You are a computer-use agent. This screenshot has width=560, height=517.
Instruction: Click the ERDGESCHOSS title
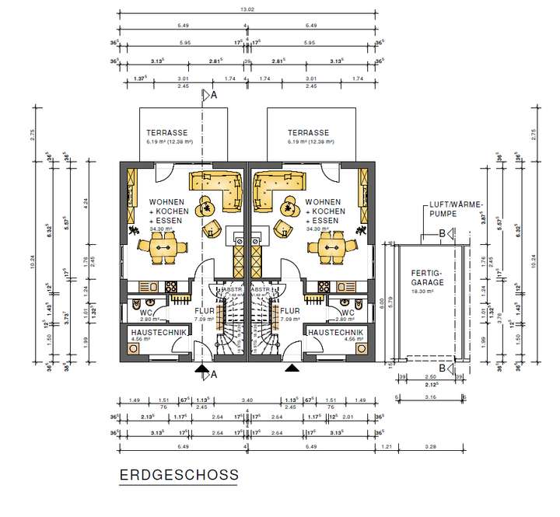(179, 473)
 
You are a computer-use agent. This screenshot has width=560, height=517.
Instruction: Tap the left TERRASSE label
(163, 133)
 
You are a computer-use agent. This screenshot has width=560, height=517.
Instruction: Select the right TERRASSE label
(308, 133)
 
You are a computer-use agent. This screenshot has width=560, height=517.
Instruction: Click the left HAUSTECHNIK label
(159, 332)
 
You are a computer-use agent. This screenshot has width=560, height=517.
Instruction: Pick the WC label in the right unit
(347, 313)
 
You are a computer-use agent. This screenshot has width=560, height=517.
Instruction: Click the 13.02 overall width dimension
(247, 11)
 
